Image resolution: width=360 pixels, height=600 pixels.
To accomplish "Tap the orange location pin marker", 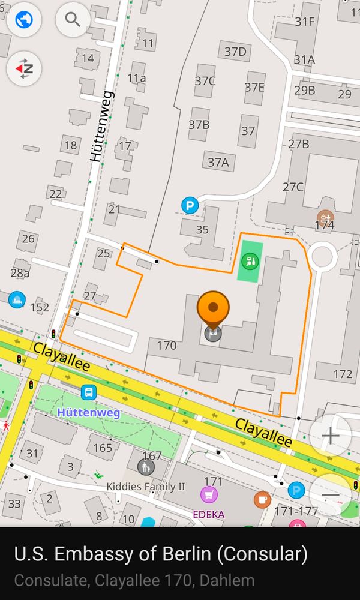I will coord(212,307).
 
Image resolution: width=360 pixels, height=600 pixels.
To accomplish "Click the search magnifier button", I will coord(73,20).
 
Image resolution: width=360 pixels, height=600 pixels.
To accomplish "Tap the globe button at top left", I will coord(24,20).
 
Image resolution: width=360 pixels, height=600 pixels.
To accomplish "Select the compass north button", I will coord(24,69).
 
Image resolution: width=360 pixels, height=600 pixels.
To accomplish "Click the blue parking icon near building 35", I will coord(190,206).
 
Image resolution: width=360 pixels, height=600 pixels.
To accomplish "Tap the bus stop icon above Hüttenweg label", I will coord(89,393).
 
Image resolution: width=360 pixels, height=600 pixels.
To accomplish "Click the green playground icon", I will coord(250,261).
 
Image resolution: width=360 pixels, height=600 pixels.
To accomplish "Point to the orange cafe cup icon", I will coord(262,499).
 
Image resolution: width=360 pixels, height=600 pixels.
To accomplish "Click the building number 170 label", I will coord(166,345).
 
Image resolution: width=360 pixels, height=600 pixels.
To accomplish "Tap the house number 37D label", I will coord(235,52).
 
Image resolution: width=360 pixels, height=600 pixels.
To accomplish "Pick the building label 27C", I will coord(293,187).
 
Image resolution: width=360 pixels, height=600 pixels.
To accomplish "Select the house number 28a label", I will coord(20,273).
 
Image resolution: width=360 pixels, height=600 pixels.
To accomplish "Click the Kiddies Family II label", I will coord(146,486).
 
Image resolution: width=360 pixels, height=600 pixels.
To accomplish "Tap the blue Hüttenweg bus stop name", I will coord(89,413).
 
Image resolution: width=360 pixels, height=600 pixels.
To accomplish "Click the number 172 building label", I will coord(343,374).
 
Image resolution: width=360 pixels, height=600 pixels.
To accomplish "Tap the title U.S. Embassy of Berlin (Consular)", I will coord(161,554).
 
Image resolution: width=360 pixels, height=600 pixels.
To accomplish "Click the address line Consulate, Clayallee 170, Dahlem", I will coord(134,580).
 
